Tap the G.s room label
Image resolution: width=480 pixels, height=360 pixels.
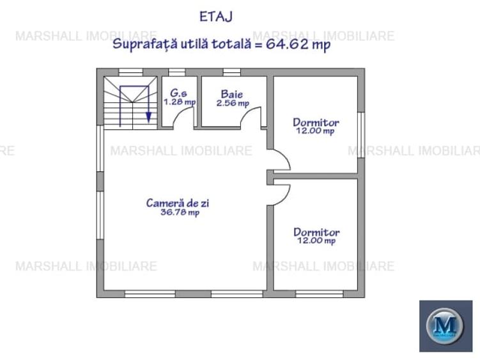click(179, 93)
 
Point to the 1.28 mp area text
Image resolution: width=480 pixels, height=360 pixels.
click(180, 102)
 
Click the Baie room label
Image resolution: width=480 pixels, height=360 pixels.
click(232, 94)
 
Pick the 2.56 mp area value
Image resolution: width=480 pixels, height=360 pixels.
click(232, 102)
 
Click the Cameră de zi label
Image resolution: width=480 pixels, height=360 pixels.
click(178, 203)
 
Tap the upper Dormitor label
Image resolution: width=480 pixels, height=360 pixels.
click(316, 122)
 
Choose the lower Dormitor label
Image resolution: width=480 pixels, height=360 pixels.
click(316, 232)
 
